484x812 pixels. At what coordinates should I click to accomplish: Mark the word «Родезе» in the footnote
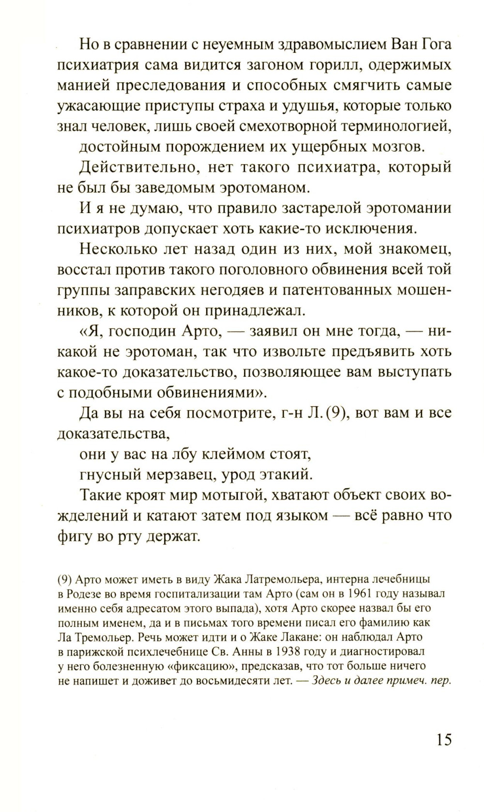[x=85, y=594]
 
